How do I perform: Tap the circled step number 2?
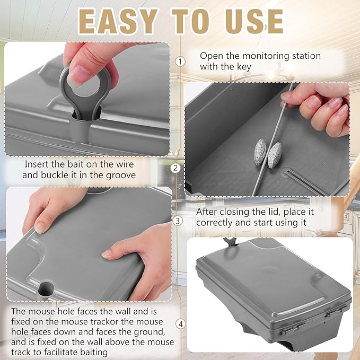tap(176, 169)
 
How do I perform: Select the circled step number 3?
tap(177, 220)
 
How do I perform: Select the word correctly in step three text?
tap(219, 222)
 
